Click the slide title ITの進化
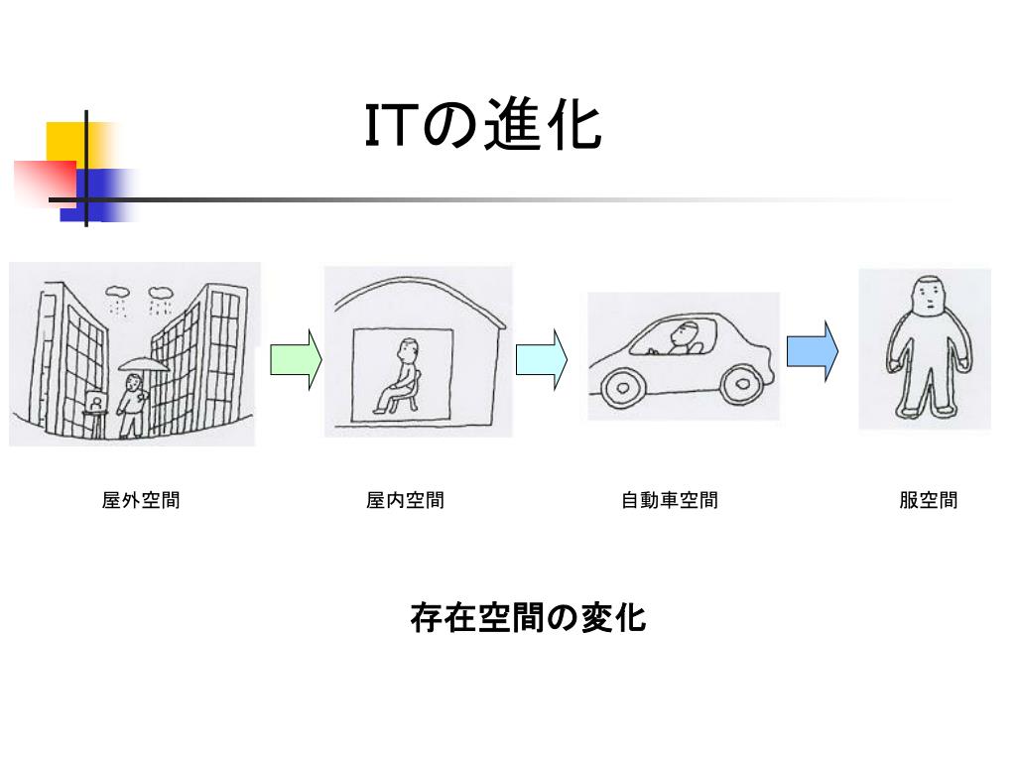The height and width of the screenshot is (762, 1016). click(483, 128)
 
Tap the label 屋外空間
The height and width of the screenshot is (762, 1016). click(141, 500)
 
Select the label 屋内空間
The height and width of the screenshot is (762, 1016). click(405, 500)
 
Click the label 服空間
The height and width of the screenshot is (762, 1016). click(929, 500)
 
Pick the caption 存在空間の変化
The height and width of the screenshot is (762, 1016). click(528, 618)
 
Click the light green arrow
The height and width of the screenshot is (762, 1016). click(296, 359)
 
